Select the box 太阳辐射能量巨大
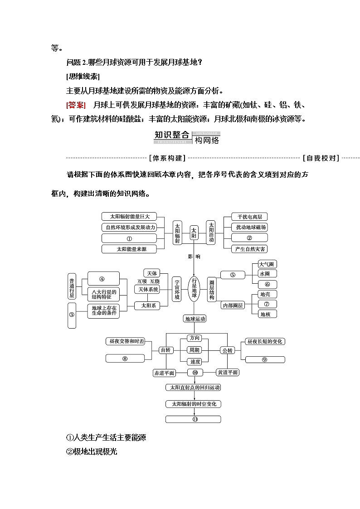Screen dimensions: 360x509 point(129,216)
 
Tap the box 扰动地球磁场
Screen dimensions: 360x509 point(248,227)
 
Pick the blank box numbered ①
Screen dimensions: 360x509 point(129,238)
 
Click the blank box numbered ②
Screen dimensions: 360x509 point(248,238)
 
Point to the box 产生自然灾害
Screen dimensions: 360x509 point(248,249)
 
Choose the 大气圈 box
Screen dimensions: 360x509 point(267,264)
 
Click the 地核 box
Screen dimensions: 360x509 point(267,314)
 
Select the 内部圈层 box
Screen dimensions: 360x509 point(233,305)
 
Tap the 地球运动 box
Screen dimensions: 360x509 point(195,319)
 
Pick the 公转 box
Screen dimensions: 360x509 point(227,350)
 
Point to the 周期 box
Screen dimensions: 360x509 point(194,350)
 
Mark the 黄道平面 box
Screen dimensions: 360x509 point(227,372)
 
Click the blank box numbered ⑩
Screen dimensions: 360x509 point(195,372)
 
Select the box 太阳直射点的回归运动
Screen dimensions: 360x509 point(194,388)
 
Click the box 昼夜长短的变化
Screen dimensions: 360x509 point(265,341)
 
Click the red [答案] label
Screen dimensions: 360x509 point(76,105)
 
